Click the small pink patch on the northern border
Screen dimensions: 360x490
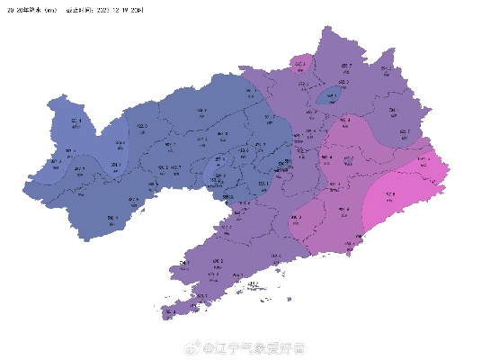point(299,65)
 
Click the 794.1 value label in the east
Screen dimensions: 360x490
point(393,111)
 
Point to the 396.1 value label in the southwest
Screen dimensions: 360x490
point(111,217)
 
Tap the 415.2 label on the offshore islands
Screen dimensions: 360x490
point(253,283)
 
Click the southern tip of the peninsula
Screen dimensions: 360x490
point(169,315)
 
